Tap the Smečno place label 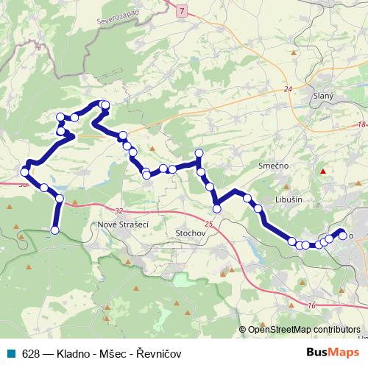click(x=274, y=166)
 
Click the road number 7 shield click(x=183, y=12)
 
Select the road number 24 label click(x=287, y=89)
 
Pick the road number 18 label click(x=361, y=125)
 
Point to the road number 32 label click(x=118, y=210)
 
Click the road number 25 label click(x=210, y=224)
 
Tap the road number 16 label click(x=312, y=305)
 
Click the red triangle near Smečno click(x=322, y=171)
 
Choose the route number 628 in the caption click(x=30, y=353)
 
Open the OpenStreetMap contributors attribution click(x=303, y=330)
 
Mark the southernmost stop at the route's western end click(x=54, y=230)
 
